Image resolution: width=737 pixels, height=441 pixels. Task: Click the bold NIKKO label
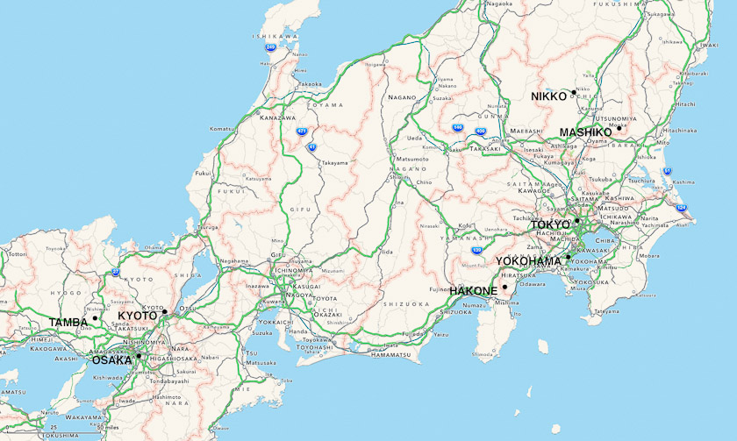point(549,96)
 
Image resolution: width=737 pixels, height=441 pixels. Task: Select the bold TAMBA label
point(68,322)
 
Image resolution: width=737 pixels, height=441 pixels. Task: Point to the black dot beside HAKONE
point(505,287)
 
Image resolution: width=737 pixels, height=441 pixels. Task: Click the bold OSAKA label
point(111,359)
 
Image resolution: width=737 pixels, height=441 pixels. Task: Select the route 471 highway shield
point(302,132)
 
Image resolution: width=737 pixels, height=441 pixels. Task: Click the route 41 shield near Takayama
point(311,147)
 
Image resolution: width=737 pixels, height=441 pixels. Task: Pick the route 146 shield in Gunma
point(458,127)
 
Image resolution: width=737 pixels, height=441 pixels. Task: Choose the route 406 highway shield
point(480,132)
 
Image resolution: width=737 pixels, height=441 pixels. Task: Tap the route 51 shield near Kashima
point(666,171)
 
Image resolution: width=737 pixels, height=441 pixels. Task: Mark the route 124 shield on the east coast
point(682,207)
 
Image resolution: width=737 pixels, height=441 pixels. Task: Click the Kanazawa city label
point(276,117)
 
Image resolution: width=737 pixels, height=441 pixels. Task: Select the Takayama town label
point(333,163)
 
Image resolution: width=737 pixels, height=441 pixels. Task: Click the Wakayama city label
point(79,417)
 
